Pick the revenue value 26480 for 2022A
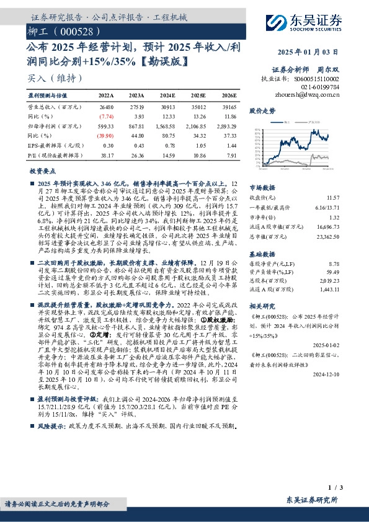tap(106, 108)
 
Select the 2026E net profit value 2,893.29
tap(225, 126)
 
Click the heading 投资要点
tap(43, 170)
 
